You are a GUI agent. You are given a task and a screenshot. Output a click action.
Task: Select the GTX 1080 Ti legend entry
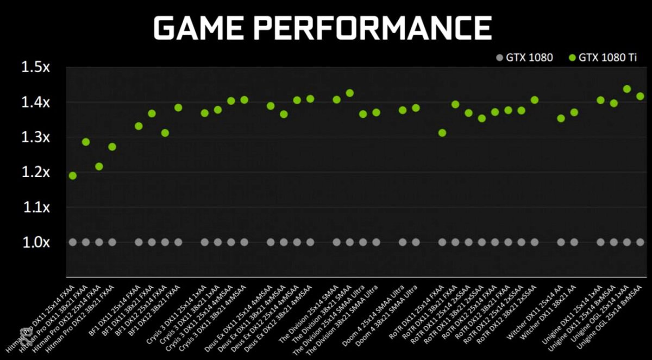[x=603, y=57]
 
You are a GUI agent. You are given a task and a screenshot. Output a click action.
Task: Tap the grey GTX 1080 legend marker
[x=500, y=57]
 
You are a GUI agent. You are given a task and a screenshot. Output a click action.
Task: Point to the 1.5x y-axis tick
[x=35, y=67]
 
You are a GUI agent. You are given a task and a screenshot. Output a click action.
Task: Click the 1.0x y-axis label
[x=35, y=242]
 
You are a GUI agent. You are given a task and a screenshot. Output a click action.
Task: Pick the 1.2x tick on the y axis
[x=35, y=172]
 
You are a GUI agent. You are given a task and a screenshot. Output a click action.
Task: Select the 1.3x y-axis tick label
[x=35, y=137]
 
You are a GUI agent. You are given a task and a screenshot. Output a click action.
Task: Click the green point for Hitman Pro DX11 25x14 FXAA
[x=73, y=175]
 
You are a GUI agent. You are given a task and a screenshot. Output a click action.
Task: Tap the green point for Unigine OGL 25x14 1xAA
[x=626, y=89]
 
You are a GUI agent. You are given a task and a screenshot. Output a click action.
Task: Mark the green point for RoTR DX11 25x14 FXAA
[x=442, y=133]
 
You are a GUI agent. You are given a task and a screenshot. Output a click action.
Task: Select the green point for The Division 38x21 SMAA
[x=350, y=93]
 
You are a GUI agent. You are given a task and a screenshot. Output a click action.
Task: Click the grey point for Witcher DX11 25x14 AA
[x=561, y=242]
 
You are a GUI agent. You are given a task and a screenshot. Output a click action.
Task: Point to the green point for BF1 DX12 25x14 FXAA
[x=165, y=133]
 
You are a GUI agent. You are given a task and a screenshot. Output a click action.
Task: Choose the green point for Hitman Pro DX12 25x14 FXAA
[x=99, y=166]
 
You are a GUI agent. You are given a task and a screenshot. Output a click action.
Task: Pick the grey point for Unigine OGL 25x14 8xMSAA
[x=640, y=242]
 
